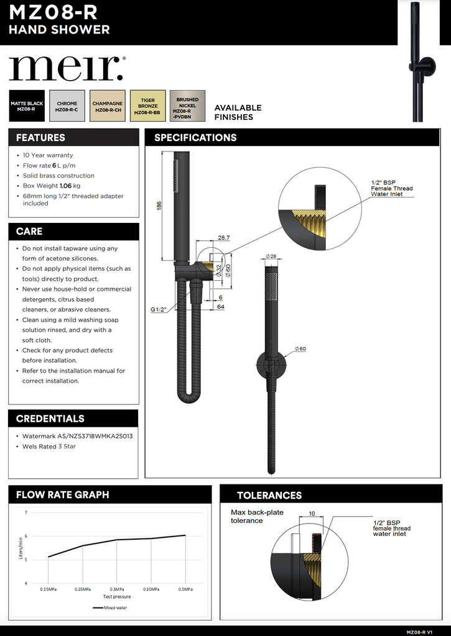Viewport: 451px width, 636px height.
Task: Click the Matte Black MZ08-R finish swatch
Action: point(27,106)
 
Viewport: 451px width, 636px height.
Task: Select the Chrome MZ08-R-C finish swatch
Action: point(67,106)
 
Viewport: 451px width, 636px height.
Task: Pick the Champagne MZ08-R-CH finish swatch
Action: point(108,106)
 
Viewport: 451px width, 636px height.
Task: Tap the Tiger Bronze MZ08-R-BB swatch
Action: point(147,106)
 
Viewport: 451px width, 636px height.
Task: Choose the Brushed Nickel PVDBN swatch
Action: point(187,106)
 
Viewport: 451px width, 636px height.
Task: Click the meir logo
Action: point(67,68)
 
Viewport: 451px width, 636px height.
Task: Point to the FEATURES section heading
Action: point(40,138)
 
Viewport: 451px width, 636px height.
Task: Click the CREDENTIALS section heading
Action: point(50,419)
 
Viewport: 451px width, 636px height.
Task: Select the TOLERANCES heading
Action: point(269,496)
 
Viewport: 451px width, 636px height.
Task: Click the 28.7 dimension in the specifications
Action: point(224,238)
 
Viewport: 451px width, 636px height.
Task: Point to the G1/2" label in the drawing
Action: point(159,309)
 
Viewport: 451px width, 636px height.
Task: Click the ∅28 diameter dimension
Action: point(271,256)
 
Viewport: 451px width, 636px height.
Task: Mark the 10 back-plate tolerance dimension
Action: point(312,514)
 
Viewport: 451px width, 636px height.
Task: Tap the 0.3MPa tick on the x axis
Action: point(117,589)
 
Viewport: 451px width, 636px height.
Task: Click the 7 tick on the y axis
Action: point(26,512)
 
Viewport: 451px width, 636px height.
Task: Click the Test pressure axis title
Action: point(117,596)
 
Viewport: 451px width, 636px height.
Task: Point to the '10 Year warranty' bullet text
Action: point(48,155)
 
